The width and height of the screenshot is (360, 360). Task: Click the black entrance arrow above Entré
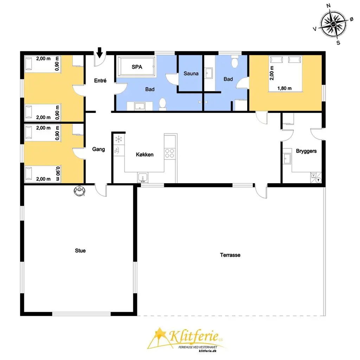(x=99, y=52)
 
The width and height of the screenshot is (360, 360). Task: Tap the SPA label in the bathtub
(x=137, y=67)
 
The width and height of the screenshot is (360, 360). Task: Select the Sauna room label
(x=191, y=73)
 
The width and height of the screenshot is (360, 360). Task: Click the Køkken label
(x=144, y=155)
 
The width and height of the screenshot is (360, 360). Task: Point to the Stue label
(x=80, y=250)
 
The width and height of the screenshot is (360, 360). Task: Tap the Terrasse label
(x=230, y=255)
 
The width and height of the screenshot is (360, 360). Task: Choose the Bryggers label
(x=306, y=151)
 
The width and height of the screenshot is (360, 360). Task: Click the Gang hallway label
(x=98, y=149)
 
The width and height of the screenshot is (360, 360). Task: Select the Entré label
(x=100, y=81)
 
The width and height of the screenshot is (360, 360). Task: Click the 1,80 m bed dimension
(x=284, y=88)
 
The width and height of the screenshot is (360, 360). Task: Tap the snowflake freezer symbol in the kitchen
(x=119, y=139)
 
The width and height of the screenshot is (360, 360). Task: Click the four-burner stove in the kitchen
(x=170, y=153)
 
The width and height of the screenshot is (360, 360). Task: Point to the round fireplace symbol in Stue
(x=79, y=190)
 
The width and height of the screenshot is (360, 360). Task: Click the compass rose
(x=334, y=24)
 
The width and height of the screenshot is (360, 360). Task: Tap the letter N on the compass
(x=329, y=6)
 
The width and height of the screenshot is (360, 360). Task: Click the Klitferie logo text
(x=194, y=336)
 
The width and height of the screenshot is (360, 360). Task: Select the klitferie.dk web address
(x=207, y=351)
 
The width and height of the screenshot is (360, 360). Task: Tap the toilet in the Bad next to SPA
(x=162, y=104)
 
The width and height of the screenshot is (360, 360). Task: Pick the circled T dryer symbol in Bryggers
(x=318, y=180)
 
